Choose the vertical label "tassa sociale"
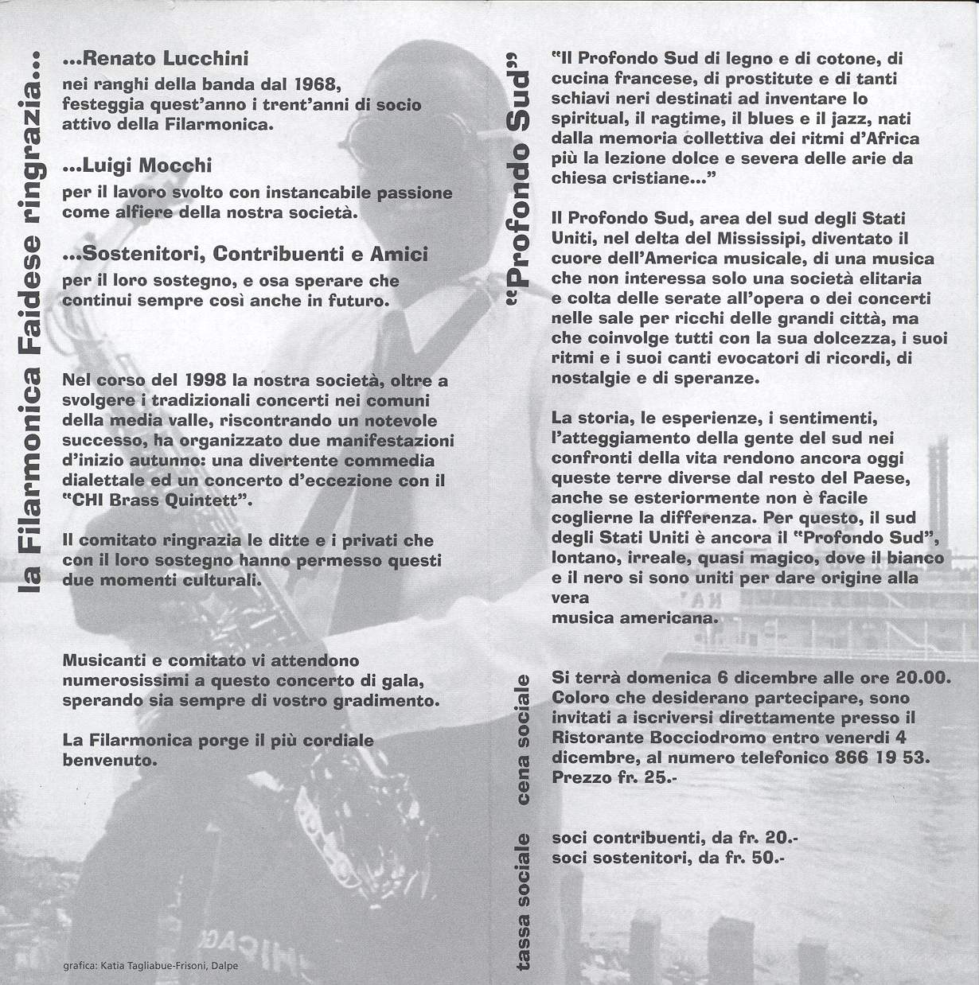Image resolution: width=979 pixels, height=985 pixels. tap(523, 899)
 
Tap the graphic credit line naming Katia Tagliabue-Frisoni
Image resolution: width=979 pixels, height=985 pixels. tap(149, 967)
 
